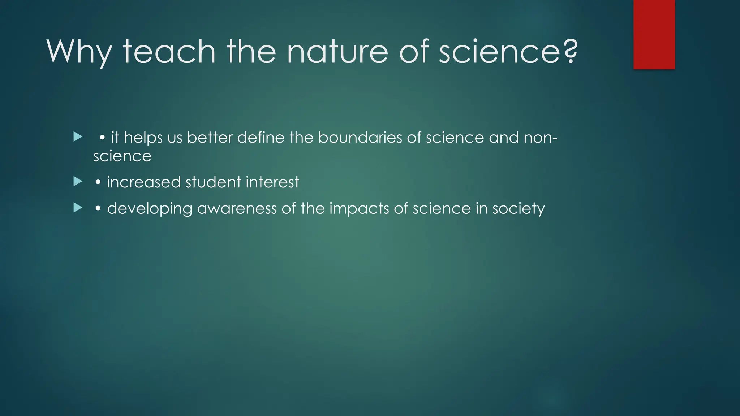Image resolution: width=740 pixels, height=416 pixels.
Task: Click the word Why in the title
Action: click(x=79, y=52)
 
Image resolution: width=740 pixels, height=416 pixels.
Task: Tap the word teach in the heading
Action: click(x=169, y=52)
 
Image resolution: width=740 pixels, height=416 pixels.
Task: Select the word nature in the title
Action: click(x=337, y=52)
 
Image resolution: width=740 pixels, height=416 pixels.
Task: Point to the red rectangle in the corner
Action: click(x=654, y=34)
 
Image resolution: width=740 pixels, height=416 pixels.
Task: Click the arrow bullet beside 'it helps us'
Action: click(x=78, y=137)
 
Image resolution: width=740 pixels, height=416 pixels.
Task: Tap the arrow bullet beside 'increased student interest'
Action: click(x=78, y=181)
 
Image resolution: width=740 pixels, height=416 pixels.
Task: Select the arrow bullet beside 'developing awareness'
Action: click(x=78, y=208)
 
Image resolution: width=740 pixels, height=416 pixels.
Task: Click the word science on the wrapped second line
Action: click(x=122, y=156)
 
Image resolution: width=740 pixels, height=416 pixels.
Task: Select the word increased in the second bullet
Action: click(x=143, y=182)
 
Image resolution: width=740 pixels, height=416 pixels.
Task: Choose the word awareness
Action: click(x=237, y=209)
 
